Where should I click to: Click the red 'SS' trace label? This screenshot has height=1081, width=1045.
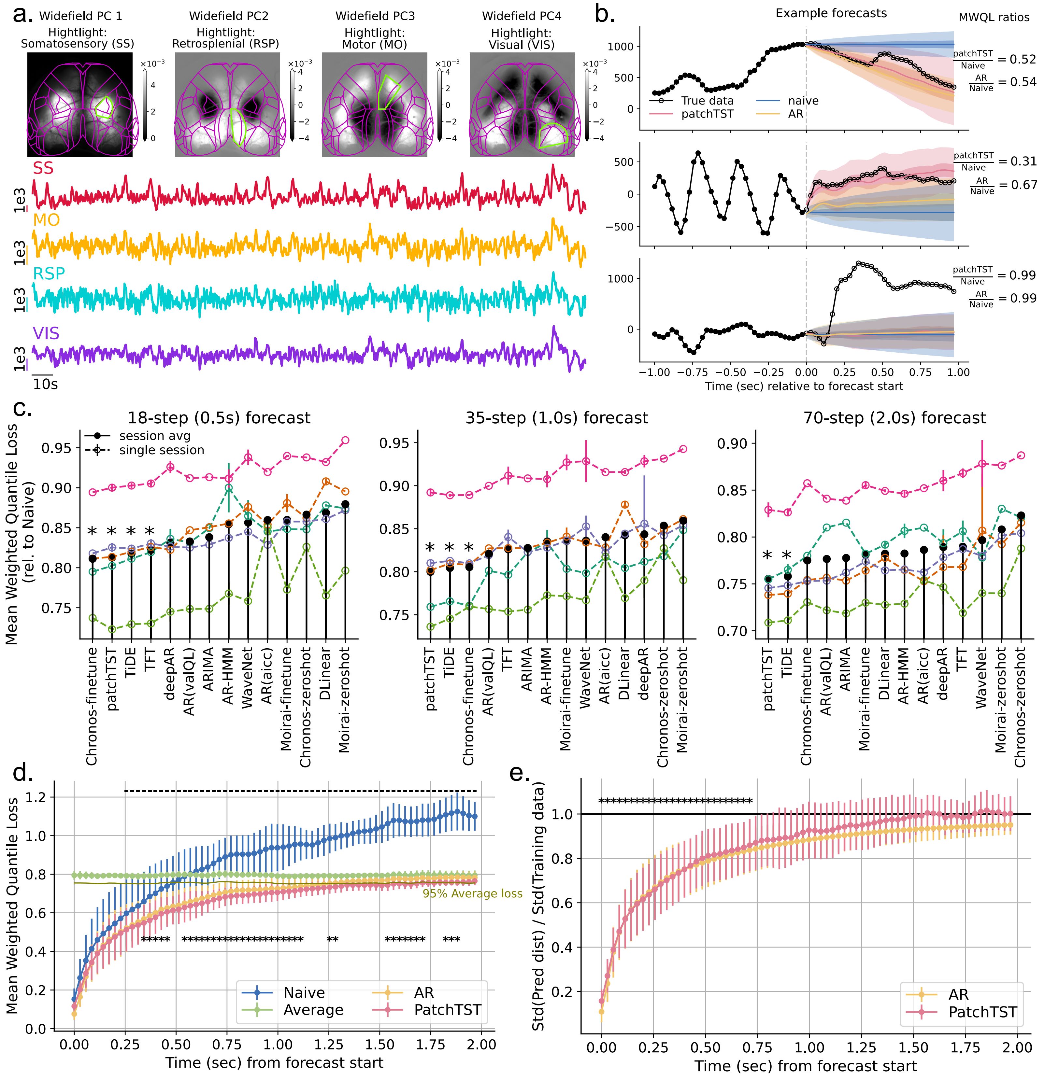click(x=43, y=168)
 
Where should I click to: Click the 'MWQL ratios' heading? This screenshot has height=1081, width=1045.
click(x=994, y=18)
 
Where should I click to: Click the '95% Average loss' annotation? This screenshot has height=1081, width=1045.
click(x=472, y=893)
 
